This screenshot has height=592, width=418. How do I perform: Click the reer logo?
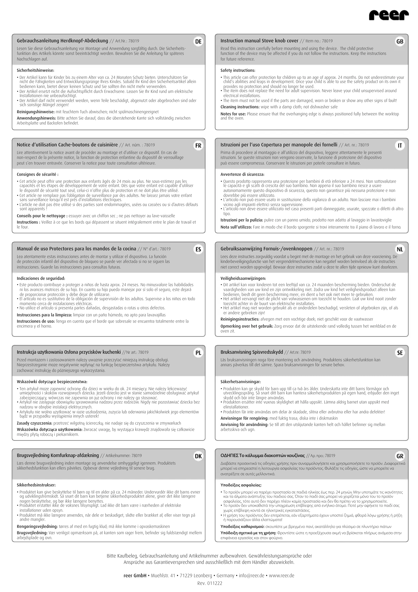[x=389, y=15]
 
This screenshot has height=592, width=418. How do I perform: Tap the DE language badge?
[x=198, y=42]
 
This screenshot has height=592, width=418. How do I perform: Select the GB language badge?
[x=400, y=42]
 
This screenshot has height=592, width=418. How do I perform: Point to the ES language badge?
[x=198, y=249]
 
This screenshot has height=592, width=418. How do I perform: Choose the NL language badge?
[x=400, y=249]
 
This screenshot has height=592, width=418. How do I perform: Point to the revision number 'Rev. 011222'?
[x=210, y=583]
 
